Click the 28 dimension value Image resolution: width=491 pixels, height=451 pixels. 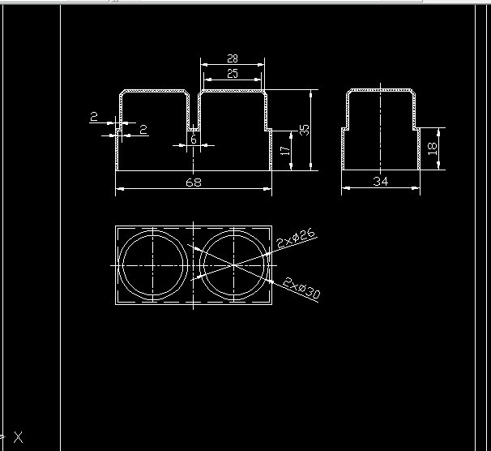[233, 58]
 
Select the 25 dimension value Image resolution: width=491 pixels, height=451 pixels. [233, 74]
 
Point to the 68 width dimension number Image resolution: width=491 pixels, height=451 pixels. [194, 183]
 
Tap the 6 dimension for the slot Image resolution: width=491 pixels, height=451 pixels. [194, 139]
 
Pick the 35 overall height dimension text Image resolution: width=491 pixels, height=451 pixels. [305, 130]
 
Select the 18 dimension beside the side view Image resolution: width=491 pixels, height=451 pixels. [433, 148]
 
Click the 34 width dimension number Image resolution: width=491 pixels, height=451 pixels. [381, 182]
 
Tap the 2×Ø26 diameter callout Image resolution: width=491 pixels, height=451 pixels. [296, 239]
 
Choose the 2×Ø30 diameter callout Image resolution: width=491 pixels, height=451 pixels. [302, 288]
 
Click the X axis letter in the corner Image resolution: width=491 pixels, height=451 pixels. [18, 437]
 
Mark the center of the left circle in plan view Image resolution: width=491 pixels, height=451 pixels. [154, 265]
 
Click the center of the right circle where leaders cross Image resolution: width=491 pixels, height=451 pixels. [233, 265]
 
